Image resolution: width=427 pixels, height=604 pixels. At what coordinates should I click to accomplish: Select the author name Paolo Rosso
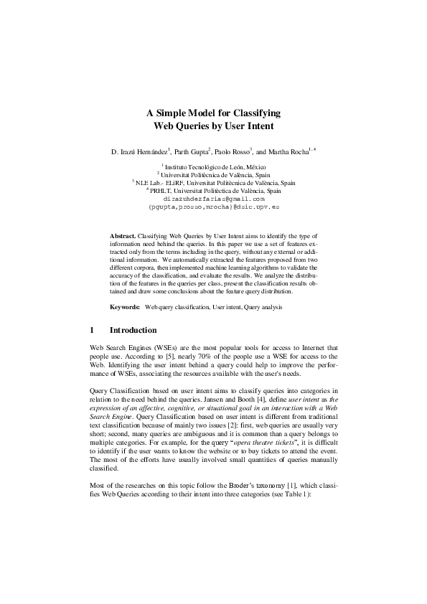click(233, 152)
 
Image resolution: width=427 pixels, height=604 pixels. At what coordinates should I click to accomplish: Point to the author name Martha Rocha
click(288, 152)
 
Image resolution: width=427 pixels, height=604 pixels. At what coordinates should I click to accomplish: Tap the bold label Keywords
click(124, 307)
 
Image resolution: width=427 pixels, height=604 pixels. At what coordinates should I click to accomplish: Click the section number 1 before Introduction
click(91, 331)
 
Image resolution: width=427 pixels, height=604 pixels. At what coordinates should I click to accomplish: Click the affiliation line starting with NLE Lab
click(215, 183)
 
